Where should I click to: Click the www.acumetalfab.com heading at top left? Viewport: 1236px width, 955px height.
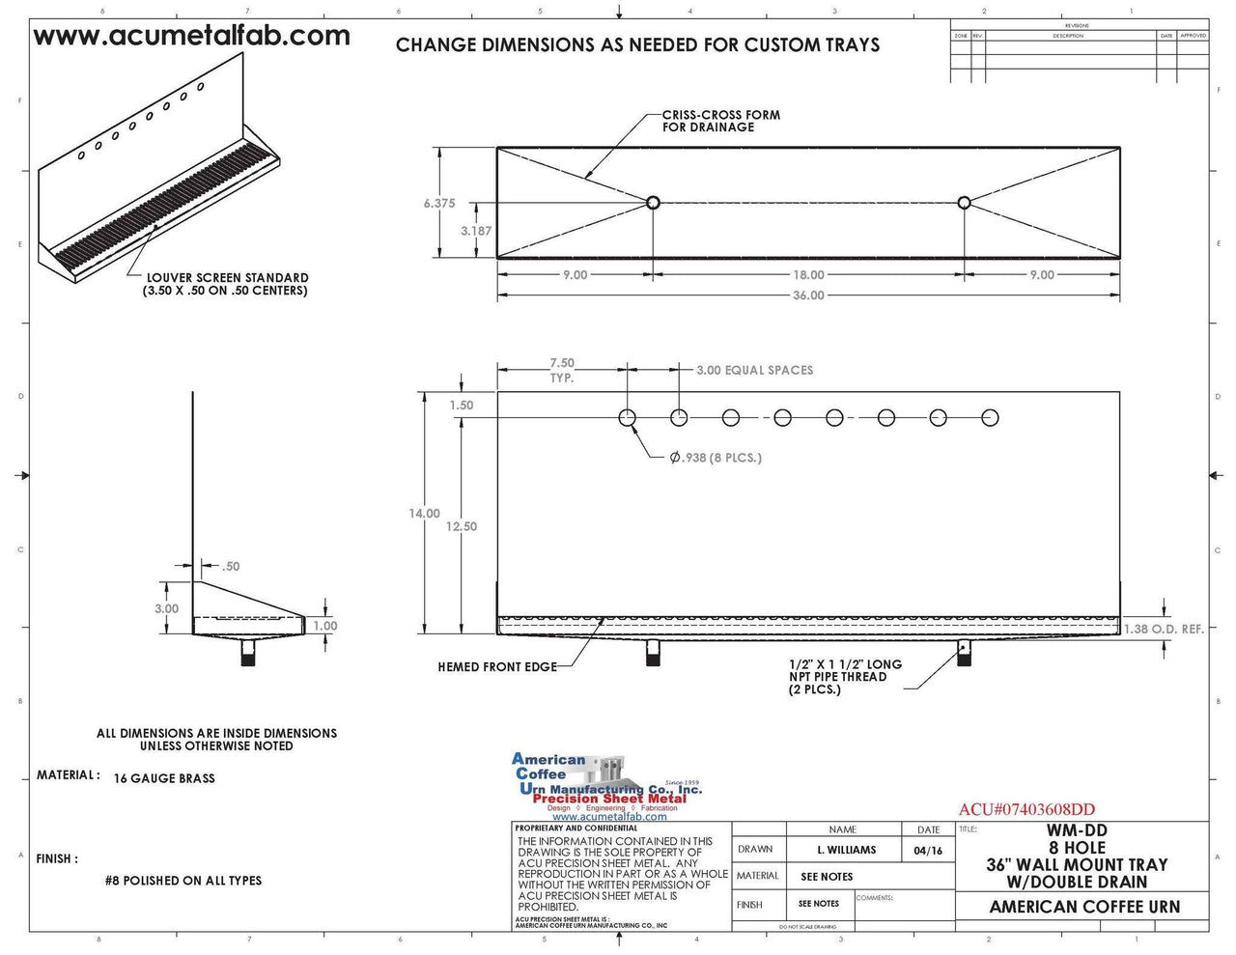pyautogui.click(x=191, y=37)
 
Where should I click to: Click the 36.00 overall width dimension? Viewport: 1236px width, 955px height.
pyautogui.click(x=808, y=295)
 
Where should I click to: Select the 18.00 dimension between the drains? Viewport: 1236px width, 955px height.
pyautogui.click(x=808, y=275)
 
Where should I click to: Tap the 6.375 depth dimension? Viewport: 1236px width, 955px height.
pyautogui.click(x=438, y=204)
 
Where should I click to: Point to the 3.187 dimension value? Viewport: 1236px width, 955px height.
pyautogui.click(x=475, y=232)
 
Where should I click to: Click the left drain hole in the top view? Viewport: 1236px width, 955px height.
pyautogui.click(x=653, y=203)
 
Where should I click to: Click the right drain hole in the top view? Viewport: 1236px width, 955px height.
pyautogui.click(x=964, y=203)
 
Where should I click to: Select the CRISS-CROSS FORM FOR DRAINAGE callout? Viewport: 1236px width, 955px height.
pyautogui.click(x=720, y=121)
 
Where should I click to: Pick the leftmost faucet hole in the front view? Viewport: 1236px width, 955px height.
pyautogui.click(x=628, y=418)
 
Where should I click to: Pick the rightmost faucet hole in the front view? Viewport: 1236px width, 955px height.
pyautogui.click(x=990, y=418)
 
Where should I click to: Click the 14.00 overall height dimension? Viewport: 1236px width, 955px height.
pyautogui.click(x=424, y=514)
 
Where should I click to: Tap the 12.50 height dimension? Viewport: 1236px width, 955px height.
pyautogui.click(x=462, y=527)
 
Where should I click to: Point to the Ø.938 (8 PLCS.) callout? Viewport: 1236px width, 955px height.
pyautogui.click(x=716, y=458)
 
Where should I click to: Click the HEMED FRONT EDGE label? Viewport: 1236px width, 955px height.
pyautogui.click(x=496, y=667)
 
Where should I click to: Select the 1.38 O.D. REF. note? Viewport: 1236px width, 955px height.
pyautogui.click(x=1164, y=630)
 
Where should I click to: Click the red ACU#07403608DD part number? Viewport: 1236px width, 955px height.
pyautogui.click(x=1026, y=810)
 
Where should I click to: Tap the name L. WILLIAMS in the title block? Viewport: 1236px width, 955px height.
pyautogui.click(x=846, y=851)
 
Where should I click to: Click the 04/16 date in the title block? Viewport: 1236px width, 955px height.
pyautogui.click(x=927, y=851)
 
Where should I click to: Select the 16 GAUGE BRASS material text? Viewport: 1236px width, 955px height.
pyautogui.click(x=164, y=778)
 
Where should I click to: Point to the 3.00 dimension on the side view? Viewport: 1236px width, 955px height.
pyautogui.click(x=166, y=609)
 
